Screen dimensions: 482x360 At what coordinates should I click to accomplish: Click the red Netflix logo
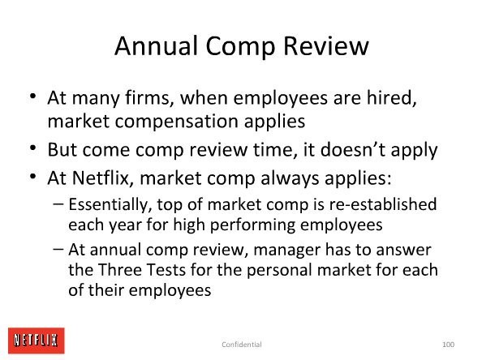[x=37, y=341]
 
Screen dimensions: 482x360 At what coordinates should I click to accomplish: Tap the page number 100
[x=448, y=345]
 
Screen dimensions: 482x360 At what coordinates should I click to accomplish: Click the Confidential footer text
[x=242, y=345]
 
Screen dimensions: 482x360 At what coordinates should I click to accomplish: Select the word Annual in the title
[x=156, y=45]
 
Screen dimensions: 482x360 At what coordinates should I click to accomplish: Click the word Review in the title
[x=326, y=45]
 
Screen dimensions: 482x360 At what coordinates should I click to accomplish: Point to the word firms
[x=149, y=97]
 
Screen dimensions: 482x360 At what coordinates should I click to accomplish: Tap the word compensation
[x=177, y=122]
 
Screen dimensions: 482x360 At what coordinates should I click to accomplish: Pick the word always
[x=290, y=178]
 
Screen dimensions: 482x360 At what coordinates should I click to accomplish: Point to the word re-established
[x=383, y=204]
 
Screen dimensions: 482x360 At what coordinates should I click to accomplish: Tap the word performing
[x=252, y=225]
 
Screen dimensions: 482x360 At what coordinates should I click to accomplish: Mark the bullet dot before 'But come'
[x=33, y=148]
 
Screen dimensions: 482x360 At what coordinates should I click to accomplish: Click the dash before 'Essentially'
[x=58, y=204]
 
